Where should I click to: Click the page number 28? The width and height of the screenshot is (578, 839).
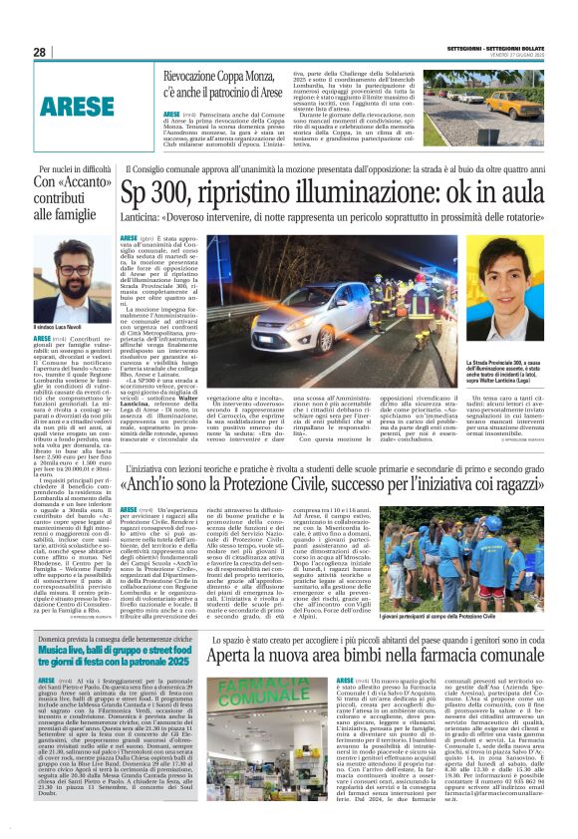point(39,52)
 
